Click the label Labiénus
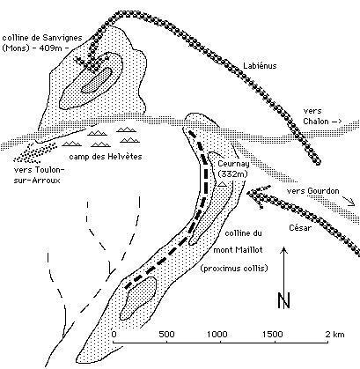pos(260,65)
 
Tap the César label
pos(299,228)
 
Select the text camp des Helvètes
pos(106,157)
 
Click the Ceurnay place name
pos(233,164)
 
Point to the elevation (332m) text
pos(233,174)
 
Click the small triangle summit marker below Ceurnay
pos(223,184)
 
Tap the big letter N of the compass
pos(283,300)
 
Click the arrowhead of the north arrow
pos(284,249)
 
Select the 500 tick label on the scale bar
pos(166,334)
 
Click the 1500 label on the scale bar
pos(273,334)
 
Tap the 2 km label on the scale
pos(334,334)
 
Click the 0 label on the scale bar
pos(114,334)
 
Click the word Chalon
pos(316,121)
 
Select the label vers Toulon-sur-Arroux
pos(39,175)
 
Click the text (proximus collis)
pos(234,269)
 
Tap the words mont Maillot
pos(238,250)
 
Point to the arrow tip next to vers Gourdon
pos(355,204)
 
